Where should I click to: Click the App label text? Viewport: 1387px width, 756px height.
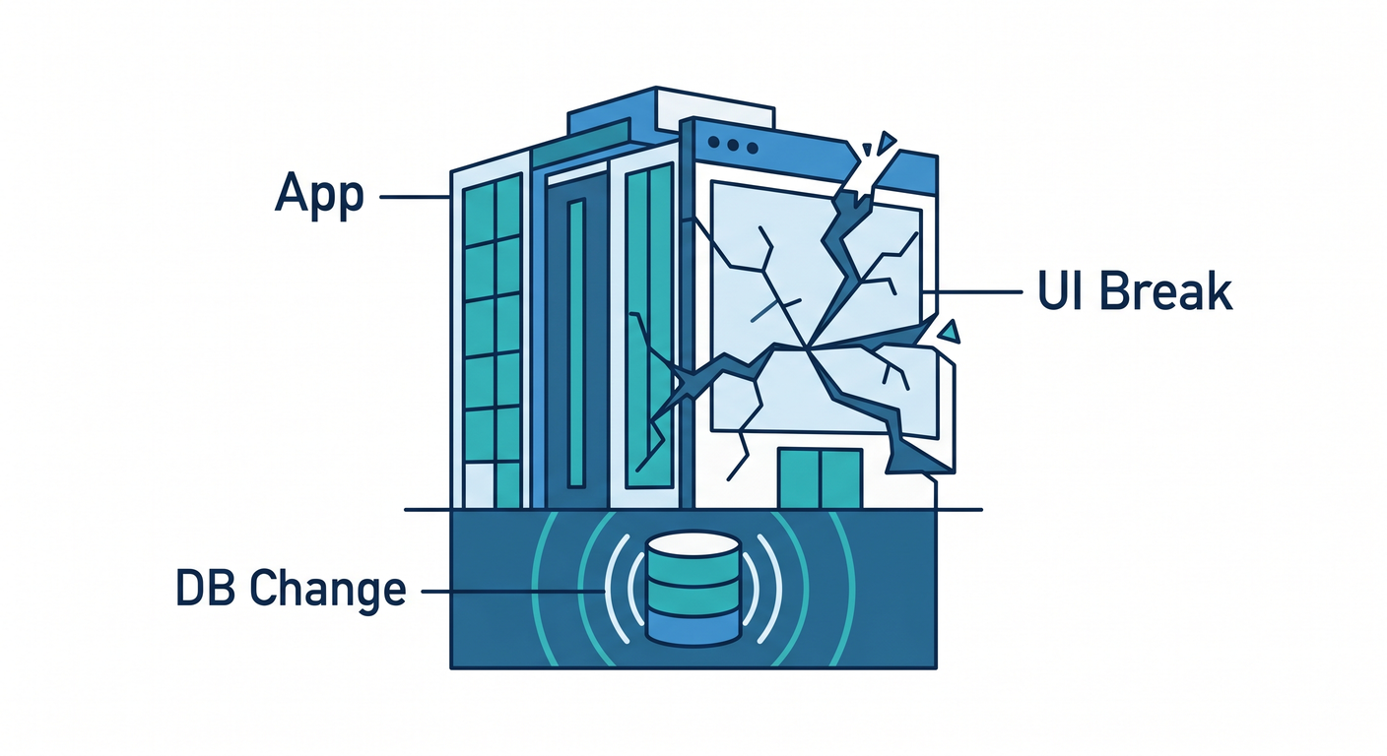(x=319, y=195)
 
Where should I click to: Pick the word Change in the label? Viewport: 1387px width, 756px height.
(x=328, y=591)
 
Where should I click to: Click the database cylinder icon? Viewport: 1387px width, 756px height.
(x=693, y=589)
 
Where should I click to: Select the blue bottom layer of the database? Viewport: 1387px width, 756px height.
(x=693, y=628)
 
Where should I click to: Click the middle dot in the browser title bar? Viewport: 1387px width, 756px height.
(x=734, y=146)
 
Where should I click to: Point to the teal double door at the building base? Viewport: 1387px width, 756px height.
(x=821, y=478)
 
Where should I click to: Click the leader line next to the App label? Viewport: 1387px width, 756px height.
(x=415, y=197)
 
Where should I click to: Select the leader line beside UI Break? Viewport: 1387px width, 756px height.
(x=972, y=291)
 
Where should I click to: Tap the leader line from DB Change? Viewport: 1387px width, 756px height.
(x=512, y=592)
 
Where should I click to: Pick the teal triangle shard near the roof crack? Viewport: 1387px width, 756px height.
(x=888, y=143)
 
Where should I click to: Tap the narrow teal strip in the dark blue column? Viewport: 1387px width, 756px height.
(x=576, y=344)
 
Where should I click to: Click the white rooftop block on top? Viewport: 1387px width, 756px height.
(x=715, y=111)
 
